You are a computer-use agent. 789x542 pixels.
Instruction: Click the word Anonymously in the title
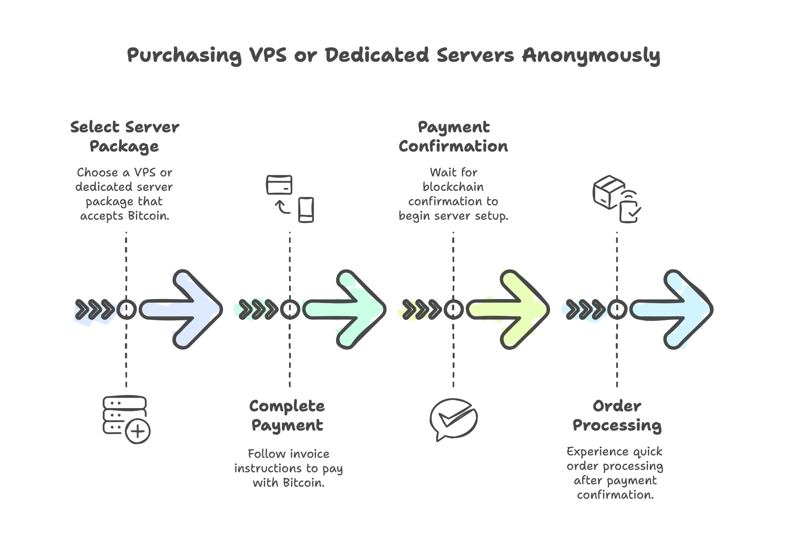point(591,55)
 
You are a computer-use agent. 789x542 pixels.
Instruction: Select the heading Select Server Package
point(125,136)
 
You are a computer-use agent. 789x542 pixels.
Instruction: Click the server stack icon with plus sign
point(126,419)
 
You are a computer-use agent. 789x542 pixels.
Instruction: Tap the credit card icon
point(279,185)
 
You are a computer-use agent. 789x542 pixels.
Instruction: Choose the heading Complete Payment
point(287,415)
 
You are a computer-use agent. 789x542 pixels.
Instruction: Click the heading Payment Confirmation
point(453,136)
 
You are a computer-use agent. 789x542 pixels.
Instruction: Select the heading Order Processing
point(617,415)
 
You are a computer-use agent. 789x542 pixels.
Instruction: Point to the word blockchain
point(453,187)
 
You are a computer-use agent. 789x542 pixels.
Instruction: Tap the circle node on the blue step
point(126,309)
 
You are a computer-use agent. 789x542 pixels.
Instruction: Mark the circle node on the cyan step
point(617,309)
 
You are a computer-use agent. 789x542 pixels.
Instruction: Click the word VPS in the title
point(268,55)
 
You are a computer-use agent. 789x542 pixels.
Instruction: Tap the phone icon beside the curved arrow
point(306,210)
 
